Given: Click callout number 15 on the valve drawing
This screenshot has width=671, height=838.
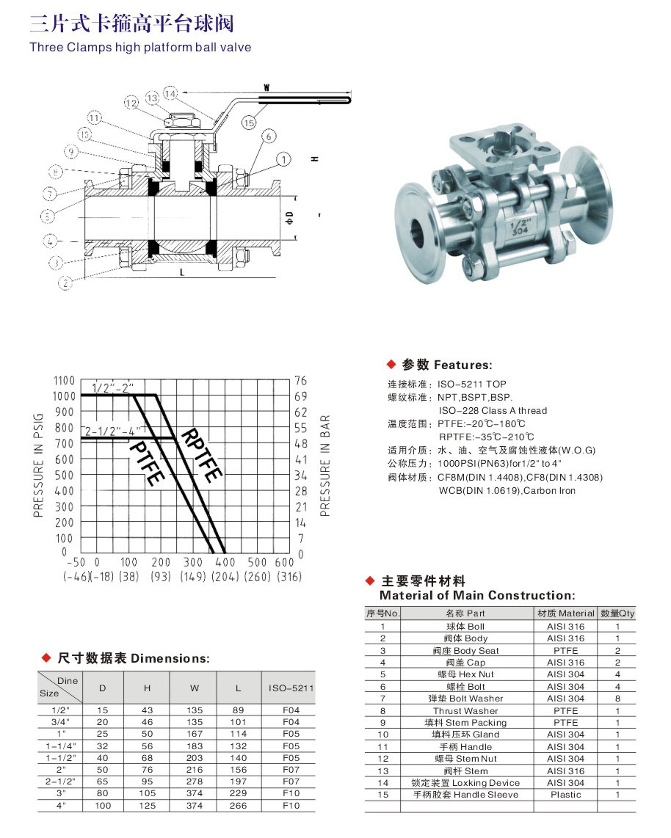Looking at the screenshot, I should (249, 123).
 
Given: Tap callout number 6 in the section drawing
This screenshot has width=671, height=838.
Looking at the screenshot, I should (267, 136).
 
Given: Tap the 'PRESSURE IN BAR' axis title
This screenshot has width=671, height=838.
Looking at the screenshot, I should (325, 465).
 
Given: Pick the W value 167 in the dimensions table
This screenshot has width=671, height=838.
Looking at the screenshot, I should (194, 735).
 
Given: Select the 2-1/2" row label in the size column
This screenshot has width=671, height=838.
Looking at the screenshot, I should (59, 781).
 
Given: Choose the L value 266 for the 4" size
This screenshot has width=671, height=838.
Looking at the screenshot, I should (238, 805).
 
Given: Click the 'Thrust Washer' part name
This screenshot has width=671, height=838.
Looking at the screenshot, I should (465, 710).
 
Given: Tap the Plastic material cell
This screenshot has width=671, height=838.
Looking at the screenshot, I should (565, 795).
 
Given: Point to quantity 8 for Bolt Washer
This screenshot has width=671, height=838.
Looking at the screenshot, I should (617, 699).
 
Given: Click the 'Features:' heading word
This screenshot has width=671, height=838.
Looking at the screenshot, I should (463, 365).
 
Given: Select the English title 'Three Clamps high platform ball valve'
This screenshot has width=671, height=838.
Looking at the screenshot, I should (140, 48).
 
